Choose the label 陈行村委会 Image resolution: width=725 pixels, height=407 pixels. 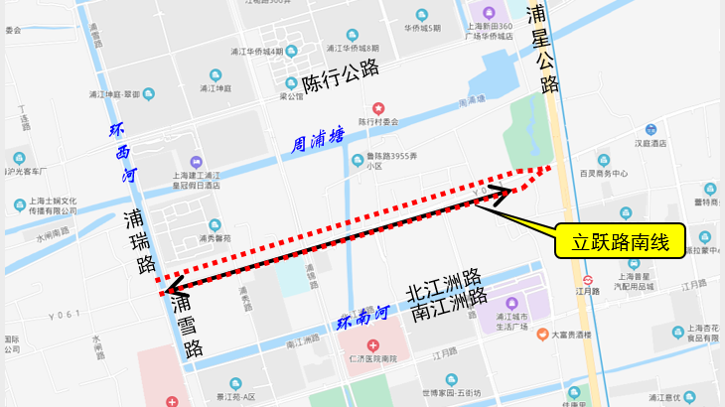click(377, 121)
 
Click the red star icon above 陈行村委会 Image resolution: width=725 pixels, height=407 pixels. click(377, 107)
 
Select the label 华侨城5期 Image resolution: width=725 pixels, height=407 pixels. click(422, 28)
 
